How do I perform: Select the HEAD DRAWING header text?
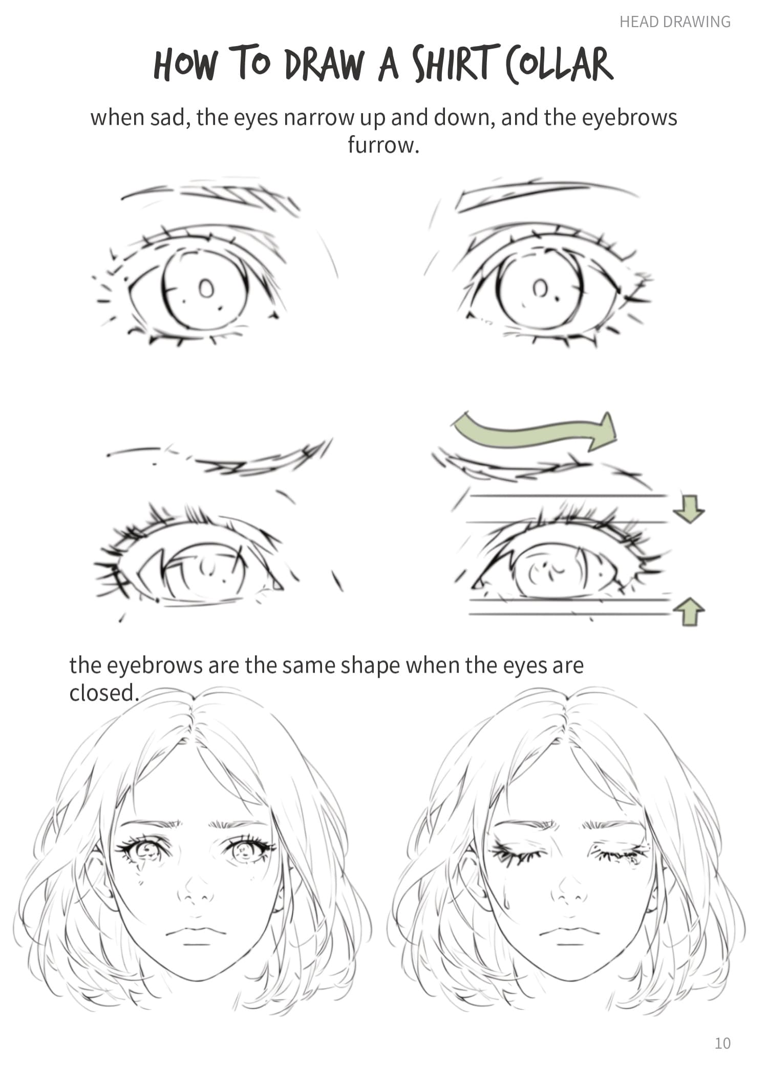(675, 22)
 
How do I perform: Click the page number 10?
(722, 1043)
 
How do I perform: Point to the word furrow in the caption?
(383, 145)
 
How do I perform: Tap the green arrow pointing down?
(689, 509)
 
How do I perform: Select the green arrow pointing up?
(689, 612)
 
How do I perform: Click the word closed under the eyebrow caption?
(104, 692)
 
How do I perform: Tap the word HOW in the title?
(185, 64)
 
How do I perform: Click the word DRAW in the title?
(324, 64)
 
